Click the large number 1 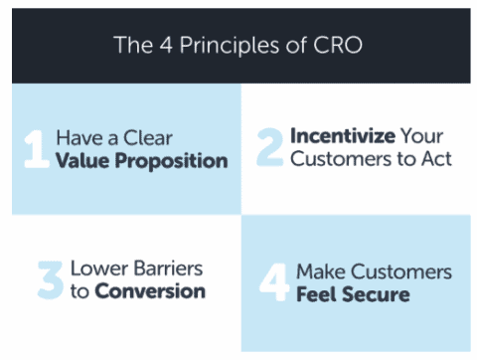point(35,148)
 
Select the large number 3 point(49,280)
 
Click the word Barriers point(169,270)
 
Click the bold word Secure point(377,294)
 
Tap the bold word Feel point(319,294)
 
